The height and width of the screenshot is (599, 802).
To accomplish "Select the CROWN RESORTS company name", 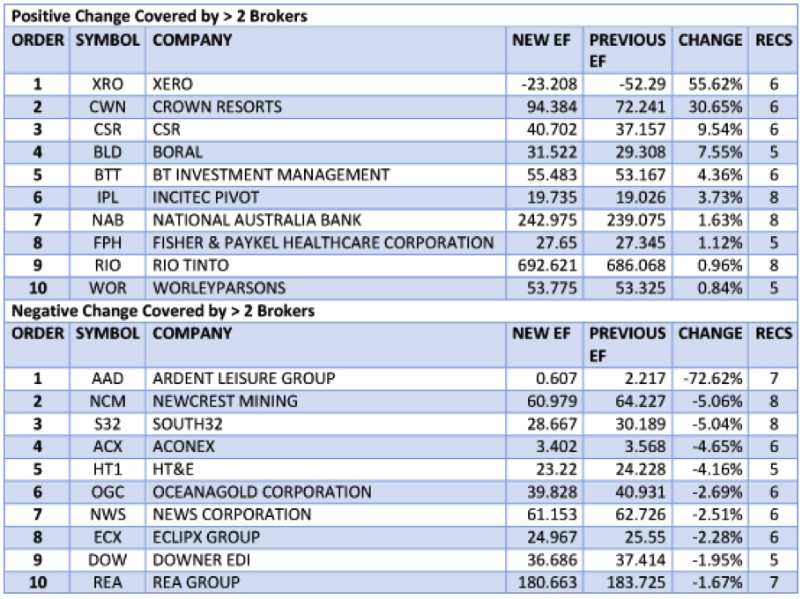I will tap(217, 107).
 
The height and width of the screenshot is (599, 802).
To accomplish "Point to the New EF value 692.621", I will tap(545, 265).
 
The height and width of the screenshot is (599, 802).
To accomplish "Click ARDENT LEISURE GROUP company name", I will tap(243, 379).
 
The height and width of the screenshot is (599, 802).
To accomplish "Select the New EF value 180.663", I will tap(545, 582).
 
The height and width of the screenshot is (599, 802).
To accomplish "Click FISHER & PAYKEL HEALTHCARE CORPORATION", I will tap(323, 243).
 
